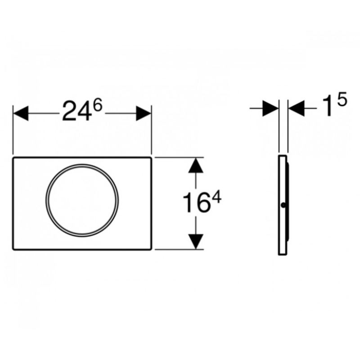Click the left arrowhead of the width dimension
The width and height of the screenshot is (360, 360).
click(x=21, y=113)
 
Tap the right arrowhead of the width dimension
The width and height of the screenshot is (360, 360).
click(x=144, y=113)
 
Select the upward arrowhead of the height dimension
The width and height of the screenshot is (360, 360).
click(x=196, y=165)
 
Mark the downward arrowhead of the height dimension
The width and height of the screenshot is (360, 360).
click(x=196, y=241)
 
